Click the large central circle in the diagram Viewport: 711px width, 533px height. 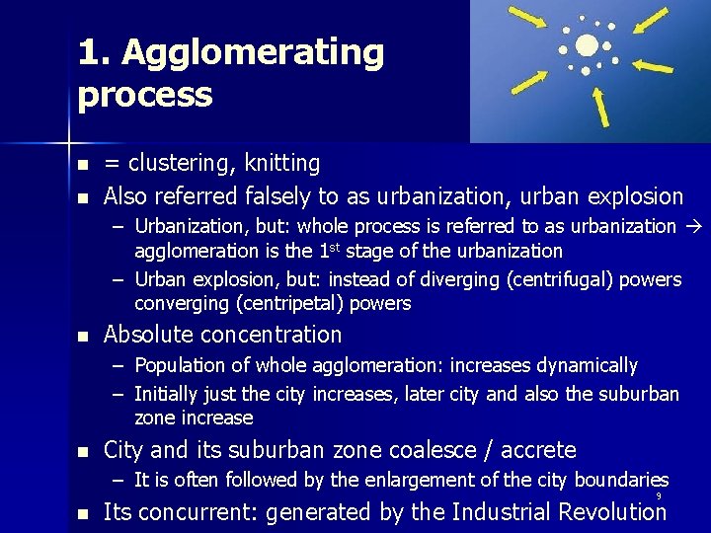pyautogui.click(x=587, y=45)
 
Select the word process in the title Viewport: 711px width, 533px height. pyautogui.click(x=145, y=95)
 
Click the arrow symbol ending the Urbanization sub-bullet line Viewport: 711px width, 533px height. pyautogui.click(x=692, y=226)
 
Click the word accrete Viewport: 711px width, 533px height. pyautogui.click(x=539, y=450)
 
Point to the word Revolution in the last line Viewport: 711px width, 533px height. pyautogui.click(x=609, y=511)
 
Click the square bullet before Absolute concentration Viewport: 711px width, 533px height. pyautogui.click(x=84, y=336)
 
